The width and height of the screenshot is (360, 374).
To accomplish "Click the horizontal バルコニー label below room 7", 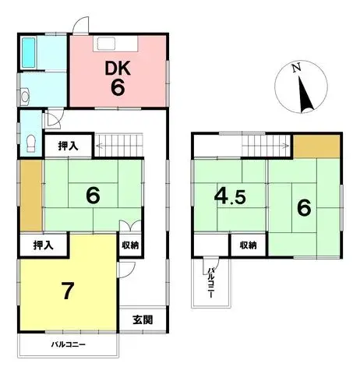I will [x=69, y=344].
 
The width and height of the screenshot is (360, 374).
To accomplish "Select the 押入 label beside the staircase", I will [x=69, y=144].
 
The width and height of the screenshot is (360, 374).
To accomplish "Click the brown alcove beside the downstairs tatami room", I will [x=28, y=192].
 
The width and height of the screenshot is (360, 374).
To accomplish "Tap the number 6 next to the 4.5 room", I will [x=304, y=207].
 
